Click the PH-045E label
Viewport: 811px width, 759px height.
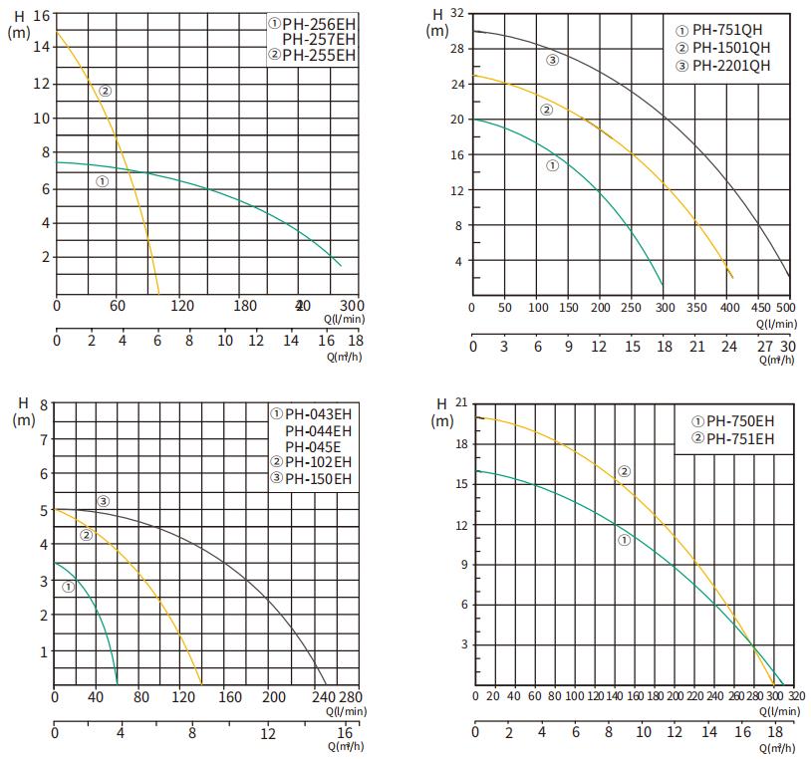(x=313, y=446)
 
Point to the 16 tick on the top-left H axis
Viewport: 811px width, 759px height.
(x=41, y=15)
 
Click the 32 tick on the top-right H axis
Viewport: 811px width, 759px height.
(x=456, y=13)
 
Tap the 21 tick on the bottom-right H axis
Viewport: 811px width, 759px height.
(x=459, y=401)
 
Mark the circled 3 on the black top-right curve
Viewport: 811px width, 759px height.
(x=553, y=61)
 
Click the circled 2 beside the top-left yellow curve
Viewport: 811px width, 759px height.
(x=105, y=92)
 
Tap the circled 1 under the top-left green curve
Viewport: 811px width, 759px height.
(x=102, y=181)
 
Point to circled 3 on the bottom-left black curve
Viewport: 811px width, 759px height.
(x=103, y=500)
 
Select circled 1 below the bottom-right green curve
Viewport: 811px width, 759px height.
(x=624, y=541)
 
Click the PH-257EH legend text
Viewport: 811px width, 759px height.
(x=319, y=39)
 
